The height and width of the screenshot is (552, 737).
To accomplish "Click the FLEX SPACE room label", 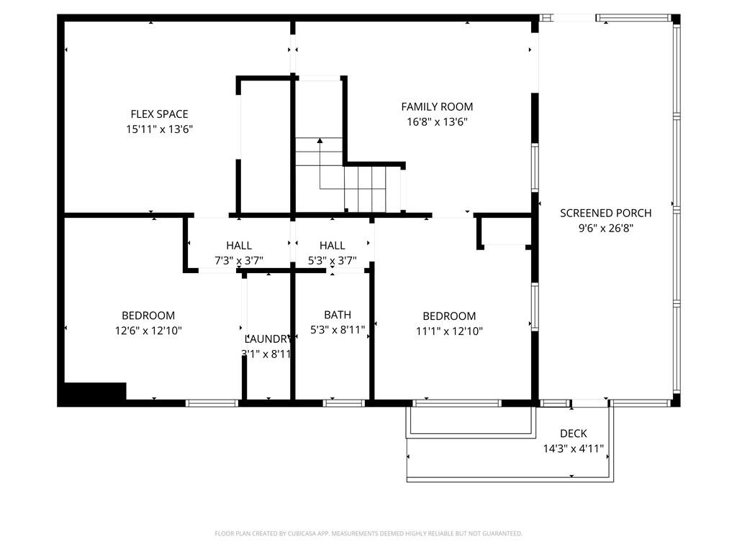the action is click(x=159, y=114).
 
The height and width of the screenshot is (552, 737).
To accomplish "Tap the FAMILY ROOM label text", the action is click(x=437, y=106).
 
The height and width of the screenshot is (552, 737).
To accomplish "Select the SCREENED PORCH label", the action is click(x=606, y=213).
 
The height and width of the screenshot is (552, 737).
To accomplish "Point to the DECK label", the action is click(x=574, y=433).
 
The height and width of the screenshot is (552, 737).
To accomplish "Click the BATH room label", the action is click(x=338, y=315).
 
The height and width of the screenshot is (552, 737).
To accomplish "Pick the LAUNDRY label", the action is click(x=268, y=339).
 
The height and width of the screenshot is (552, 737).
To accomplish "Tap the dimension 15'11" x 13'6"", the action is click(x=159, y=129).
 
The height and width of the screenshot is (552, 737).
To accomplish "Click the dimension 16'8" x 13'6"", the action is click(x=437, y=122).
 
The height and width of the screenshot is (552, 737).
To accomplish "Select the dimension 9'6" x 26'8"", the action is click(x=606, y=229).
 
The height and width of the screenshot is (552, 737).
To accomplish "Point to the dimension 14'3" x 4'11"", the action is click(x=574, y=448).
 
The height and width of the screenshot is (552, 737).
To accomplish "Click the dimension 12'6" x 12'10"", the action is click(x=148, y=331).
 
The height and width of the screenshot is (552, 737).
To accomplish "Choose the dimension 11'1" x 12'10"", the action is click(x=449, y=331).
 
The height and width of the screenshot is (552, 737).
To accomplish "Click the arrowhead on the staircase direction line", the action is click(x=320, y=140).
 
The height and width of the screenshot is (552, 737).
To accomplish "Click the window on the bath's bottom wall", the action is click(x=344, y=402).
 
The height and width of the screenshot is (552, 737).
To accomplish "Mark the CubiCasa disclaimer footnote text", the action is click(x=368, y=533).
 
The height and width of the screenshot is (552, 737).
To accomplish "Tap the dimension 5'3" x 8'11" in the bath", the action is click(x=338, y=329).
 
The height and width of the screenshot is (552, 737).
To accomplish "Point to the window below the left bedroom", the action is click(x=212, y=402).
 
